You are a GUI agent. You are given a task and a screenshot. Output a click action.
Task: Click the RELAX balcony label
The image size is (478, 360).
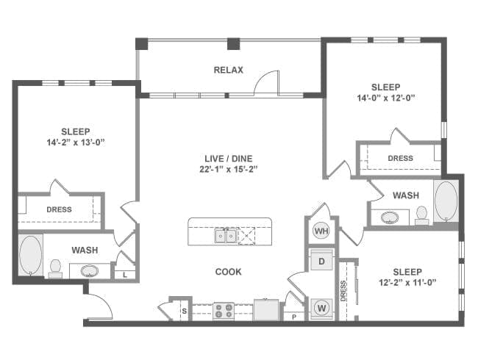(x=228, y=70)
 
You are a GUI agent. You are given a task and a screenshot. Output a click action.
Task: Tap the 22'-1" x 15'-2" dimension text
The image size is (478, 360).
(x=229, y=169)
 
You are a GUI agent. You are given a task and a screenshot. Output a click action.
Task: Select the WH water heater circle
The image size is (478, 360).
(x=321, y=231)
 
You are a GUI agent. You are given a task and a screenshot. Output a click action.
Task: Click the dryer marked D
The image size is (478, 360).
(x=321, y=261)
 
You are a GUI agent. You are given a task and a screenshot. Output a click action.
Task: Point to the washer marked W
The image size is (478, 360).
(x=321, y=309)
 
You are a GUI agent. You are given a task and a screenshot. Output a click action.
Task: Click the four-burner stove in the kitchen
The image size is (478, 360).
(x=224, y=311)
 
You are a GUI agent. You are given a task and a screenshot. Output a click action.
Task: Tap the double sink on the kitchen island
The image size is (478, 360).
(x=226, y=235)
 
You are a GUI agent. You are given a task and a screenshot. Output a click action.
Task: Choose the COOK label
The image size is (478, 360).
(x=228, y=272)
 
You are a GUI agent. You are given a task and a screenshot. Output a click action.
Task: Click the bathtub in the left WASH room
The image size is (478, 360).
(x=30, y=254)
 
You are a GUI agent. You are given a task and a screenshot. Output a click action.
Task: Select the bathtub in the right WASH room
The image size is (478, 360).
(x=446, y=201)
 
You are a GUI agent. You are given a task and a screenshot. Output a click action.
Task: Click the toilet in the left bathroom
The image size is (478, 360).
(x=55, y=268)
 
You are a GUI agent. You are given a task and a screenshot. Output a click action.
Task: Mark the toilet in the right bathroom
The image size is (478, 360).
(x=422, y=215)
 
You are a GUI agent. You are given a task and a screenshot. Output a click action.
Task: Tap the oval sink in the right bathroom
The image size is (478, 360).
(x=390, y=217)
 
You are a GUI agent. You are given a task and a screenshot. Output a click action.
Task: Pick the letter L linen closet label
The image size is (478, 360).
(x=125, y=275)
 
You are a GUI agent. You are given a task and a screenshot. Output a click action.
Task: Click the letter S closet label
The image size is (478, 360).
(x=184, y=312)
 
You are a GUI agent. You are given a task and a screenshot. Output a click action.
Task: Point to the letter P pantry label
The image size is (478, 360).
(x=294, y=317)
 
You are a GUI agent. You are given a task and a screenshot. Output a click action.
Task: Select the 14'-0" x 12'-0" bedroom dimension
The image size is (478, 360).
(x=386, y=98)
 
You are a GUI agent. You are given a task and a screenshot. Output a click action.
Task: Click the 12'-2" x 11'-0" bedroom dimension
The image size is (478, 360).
(x=407, y=283)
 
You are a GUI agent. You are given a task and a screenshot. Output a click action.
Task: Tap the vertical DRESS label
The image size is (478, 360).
(x=343, y=291)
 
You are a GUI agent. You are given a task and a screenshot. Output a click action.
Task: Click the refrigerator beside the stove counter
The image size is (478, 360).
(x=266, y=310)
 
